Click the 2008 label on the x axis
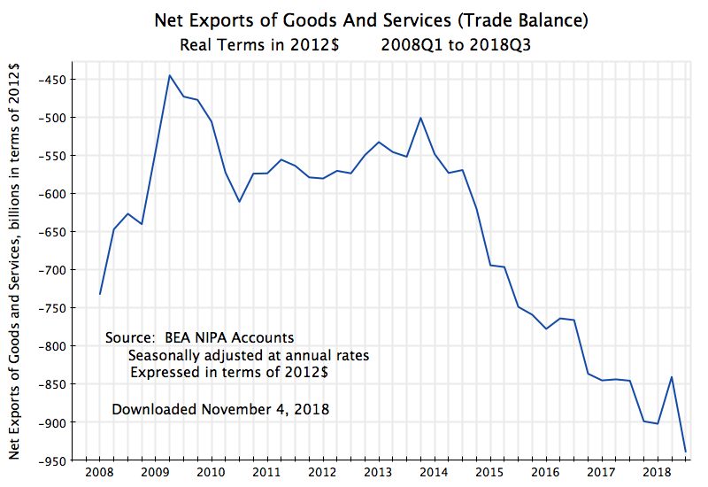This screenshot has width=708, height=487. coord(99,472)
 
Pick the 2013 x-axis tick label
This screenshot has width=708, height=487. coord(378,472)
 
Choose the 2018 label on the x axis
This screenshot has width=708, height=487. coord(657,472)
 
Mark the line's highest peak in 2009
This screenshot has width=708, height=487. coord(169,75)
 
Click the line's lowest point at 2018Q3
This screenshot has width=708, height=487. coord(685,452)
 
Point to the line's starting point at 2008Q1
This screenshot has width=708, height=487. coord(100,294)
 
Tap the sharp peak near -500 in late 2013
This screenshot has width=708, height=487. coord(420,118)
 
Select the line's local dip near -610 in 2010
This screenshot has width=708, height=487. coord(239,202)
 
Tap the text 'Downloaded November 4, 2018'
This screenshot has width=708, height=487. coord(220,409)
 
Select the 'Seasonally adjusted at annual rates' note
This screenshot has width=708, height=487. coord(249,355)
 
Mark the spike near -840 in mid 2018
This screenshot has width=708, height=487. coord(671,377)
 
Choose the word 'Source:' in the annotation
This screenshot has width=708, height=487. coord(130,338)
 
